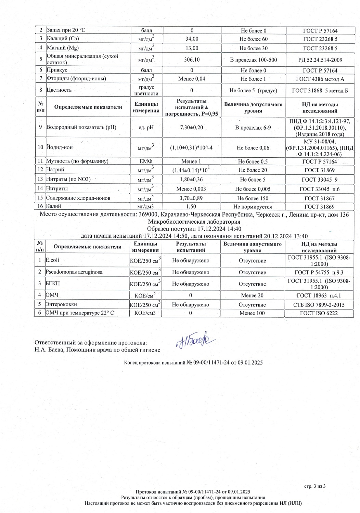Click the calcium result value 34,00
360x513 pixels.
(192, 39)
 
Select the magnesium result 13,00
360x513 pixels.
(192, 48)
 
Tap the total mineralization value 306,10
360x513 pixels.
(192, 60)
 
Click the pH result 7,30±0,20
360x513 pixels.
(192, 128)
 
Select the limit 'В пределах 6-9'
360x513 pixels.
(253, 128)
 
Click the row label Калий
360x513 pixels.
(54, 206)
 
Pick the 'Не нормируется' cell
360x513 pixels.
(253, 207)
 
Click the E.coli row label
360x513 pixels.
(52, 260)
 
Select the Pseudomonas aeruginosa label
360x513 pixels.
(74, 272)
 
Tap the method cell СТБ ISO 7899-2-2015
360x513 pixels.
(319, 305)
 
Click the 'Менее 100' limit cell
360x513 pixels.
(252, 313)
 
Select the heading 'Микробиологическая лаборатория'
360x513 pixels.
(194, 222)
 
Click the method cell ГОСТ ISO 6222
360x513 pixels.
(319, 313)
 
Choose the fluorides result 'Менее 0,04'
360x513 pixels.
(192, 79)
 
